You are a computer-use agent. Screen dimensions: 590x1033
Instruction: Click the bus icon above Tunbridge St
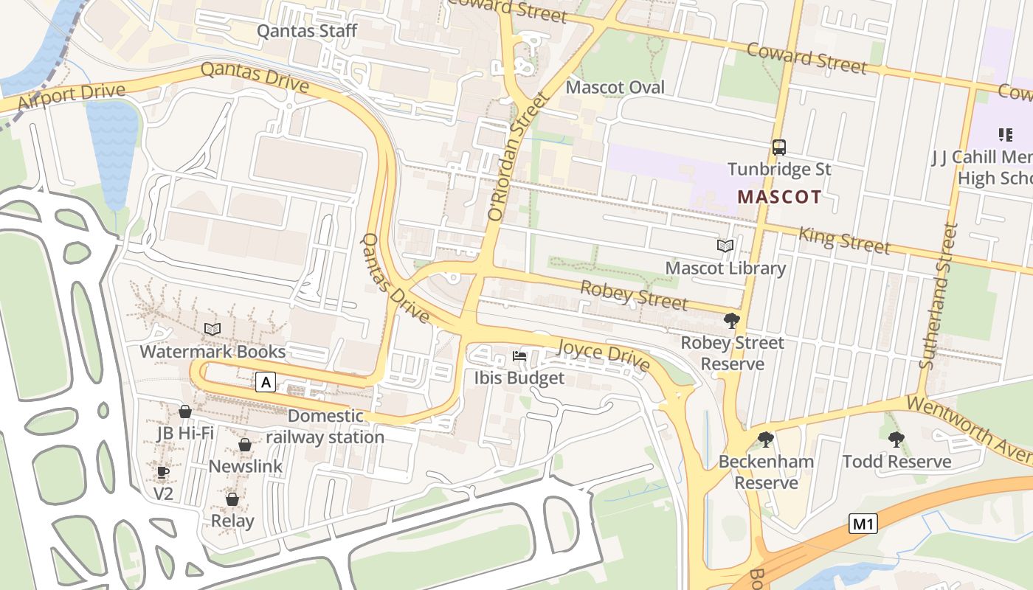point(779,147)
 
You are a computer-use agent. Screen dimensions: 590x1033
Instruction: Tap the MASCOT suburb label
point(779,197)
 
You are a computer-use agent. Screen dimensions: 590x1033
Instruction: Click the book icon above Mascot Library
point(725,246)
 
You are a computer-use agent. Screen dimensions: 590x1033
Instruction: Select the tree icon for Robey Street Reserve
point(732,320)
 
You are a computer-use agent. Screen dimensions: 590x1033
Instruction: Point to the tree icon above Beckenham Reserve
point(766,440)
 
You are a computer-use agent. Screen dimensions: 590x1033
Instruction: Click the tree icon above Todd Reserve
point(896,440)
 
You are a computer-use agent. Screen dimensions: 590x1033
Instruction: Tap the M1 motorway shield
point(863,524)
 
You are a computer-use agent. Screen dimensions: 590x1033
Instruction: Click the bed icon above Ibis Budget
point(519,356)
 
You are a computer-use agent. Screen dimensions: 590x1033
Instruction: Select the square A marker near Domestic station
point(266,382)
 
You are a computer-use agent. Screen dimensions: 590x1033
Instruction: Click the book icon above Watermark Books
point(213,329)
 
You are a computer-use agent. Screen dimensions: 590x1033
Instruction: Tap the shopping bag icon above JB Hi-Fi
point(185,411)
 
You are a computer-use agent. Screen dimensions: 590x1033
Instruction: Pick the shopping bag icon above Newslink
point(245,445)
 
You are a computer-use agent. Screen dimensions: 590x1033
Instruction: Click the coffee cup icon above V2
point(163,472)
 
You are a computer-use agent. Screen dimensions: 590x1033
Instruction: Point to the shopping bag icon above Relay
point(232,499)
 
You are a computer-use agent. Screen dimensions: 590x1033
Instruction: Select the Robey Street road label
point(634,296)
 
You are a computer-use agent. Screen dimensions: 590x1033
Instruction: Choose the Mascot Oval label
point(615,87)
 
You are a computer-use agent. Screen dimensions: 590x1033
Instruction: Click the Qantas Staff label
point(306,31)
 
